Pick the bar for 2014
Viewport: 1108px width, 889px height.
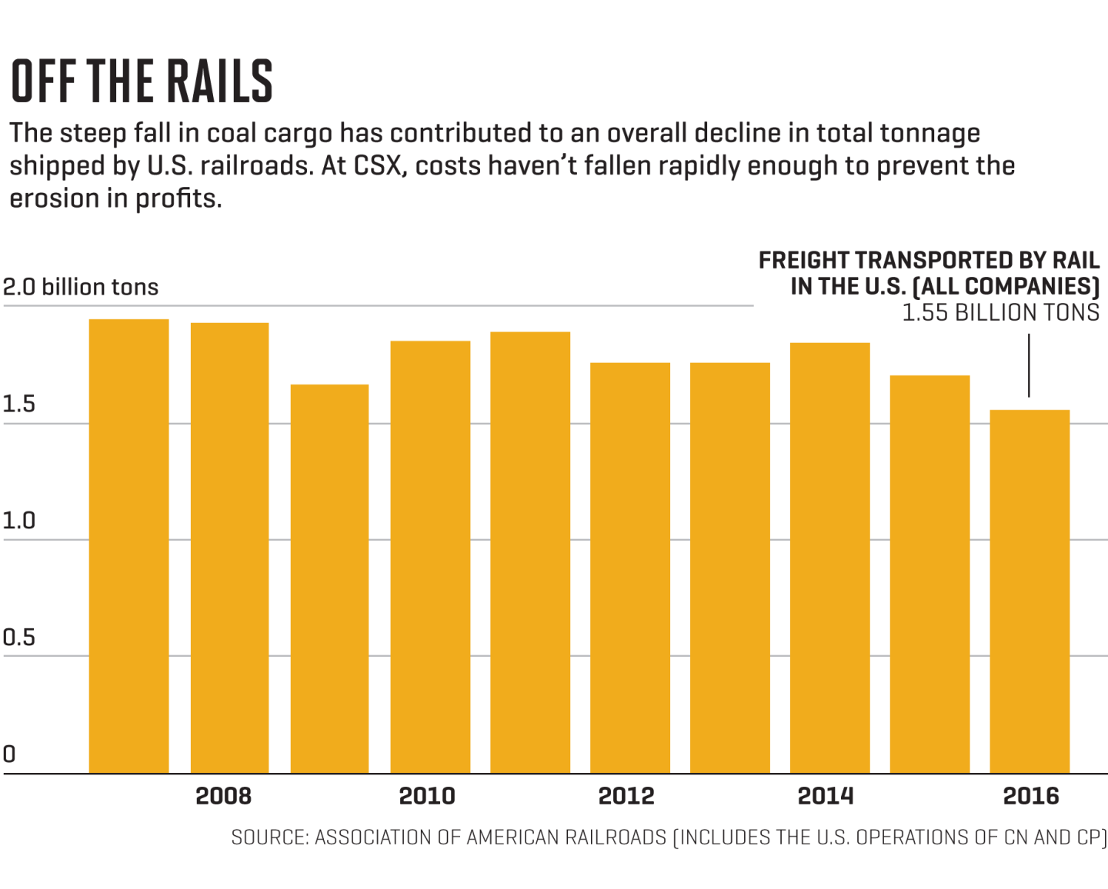click(829, 558)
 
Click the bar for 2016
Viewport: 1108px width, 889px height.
click(1030, 591)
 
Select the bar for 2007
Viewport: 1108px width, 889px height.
click(128, 546)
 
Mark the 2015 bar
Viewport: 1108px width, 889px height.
click(929, 574)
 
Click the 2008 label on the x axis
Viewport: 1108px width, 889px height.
click(223, 796)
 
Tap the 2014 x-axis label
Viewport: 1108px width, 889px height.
click(826, 796)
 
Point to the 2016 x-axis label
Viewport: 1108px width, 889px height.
click(1031, 796)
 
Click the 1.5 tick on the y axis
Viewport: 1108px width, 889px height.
click(18, 405)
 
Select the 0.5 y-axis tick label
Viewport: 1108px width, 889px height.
click(18, 638)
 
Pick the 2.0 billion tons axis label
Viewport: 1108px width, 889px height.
click(80, 288)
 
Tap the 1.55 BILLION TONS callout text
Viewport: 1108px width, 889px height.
click(1000, 313)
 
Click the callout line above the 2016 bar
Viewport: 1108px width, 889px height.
click(1029, 365)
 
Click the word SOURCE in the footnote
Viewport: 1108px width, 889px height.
click(269, 837)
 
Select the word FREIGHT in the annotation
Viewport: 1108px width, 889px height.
click(803, 261)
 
